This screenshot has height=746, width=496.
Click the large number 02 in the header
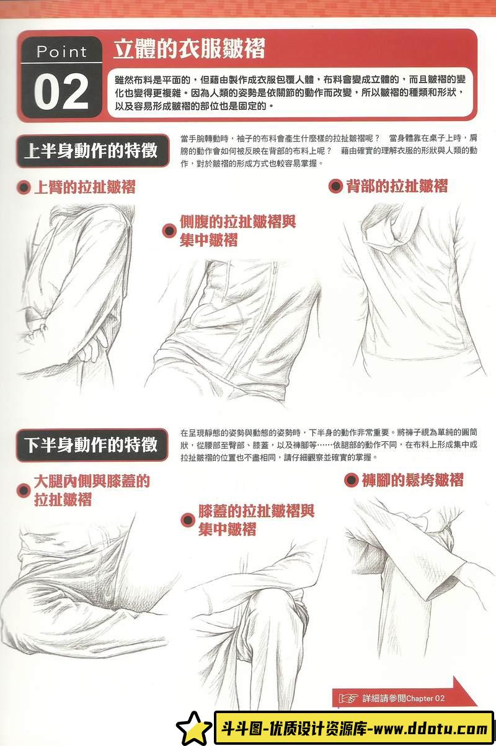pyautogui.click(x=61, y=92)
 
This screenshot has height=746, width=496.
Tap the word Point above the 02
pyautogui.click(x=61, y=52)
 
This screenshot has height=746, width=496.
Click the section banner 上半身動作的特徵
pyautogui.click(x=91, y=151)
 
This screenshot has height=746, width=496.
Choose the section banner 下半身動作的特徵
pyautogui.click(x=91, y=444)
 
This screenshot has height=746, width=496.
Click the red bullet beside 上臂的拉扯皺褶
pyautogui.click(x=24, y=187)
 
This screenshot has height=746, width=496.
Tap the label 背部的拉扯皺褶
pyautogui.click(x=397, y=186)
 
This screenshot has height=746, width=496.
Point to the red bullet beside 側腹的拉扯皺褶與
pyautogui.click(x=169, y=231)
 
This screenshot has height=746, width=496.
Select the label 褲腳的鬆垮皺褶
pyautogui.click(x=412, y=480)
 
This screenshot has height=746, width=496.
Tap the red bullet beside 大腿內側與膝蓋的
pyautogui.click(x=24, y=490)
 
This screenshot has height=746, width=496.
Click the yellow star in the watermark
pyautogui.click(x=194, y=729)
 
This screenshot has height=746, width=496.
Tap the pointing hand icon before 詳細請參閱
pyautogui.click(x=349, y=698)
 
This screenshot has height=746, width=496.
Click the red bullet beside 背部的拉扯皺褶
pyautogui.click(x=335, y=186)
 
